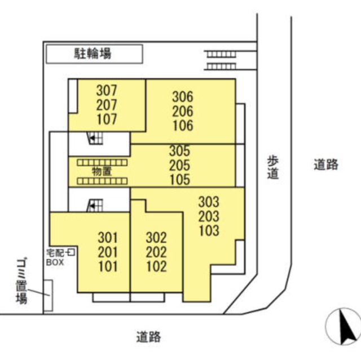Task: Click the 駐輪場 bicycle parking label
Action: point(93,54)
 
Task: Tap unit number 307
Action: point(107,90)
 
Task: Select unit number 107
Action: point(107,119)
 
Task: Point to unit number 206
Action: point(183,111)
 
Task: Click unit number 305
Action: point(180,151)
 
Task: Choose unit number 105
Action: point(180,180)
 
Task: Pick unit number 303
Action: point(209,202)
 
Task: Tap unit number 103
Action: point(209,230)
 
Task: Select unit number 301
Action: point(108,238)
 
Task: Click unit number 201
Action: point(108,252)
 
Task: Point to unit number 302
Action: point(156,238)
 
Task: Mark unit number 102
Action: point(156,266)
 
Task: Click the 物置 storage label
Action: point(102,171)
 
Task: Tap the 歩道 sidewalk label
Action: point(273,167)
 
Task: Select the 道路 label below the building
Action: point(148,337)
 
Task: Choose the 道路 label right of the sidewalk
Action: point(326,164)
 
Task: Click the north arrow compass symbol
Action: point(343,326)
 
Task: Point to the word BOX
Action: point(55,263)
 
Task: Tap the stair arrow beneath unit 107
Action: point(92,138)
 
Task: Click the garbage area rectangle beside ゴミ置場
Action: point(49,295)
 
